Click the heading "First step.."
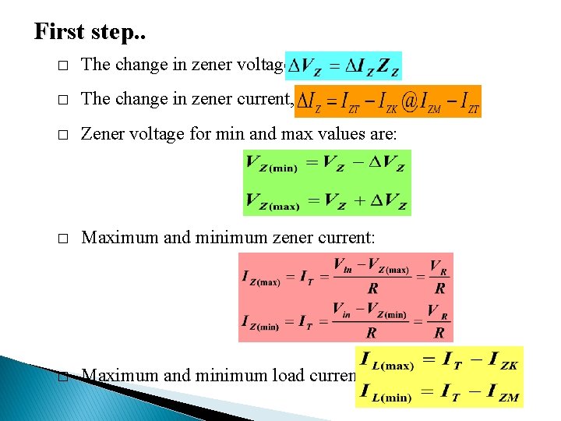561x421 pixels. [x=90, y=31]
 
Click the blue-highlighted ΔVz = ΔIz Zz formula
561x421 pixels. [x=344, y=66]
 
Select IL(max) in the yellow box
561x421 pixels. [x=386, y=363]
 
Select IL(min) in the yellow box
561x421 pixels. [x=386, y=395]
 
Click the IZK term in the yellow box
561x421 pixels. [x=502, y=363]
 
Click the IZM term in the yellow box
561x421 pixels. [x=502, y=395]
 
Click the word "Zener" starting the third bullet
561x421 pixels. [x=101, y=135]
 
